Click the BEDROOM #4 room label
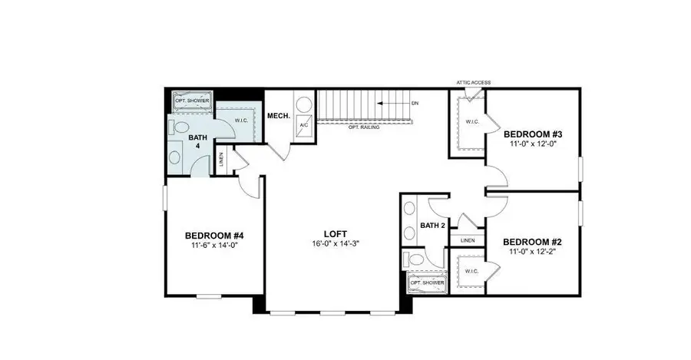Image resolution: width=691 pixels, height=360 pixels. point(214,235)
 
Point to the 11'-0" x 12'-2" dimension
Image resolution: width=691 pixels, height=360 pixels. point(531,251)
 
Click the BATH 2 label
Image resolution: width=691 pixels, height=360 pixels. point(432,226)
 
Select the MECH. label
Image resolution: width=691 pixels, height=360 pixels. point(277,116)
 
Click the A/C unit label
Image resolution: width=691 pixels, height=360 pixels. point(303,124)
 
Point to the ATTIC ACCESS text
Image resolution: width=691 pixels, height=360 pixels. point(473,83)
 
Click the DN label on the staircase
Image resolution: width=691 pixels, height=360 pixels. point(415,103)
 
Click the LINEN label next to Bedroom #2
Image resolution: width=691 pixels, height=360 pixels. point(468,240)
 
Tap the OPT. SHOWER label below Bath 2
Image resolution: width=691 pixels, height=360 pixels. point(427,282)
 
